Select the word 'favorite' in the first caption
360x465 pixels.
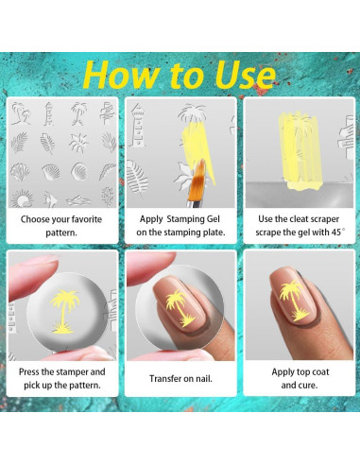[86, 219]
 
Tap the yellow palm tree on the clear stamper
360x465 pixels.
[64, 311]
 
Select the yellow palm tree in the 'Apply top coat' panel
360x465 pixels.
[292, 301]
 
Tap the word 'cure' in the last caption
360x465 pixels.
[307, 385]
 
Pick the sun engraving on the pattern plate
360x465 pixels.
[22, 199]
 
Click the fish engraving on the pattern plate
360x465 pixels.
[50, 199]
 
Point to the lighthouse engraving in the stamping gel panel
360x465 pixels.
[137, 126]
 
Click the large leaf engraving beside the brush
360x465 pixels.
[137, 177]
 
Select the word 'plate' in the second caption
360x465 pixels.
[214, 232]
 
